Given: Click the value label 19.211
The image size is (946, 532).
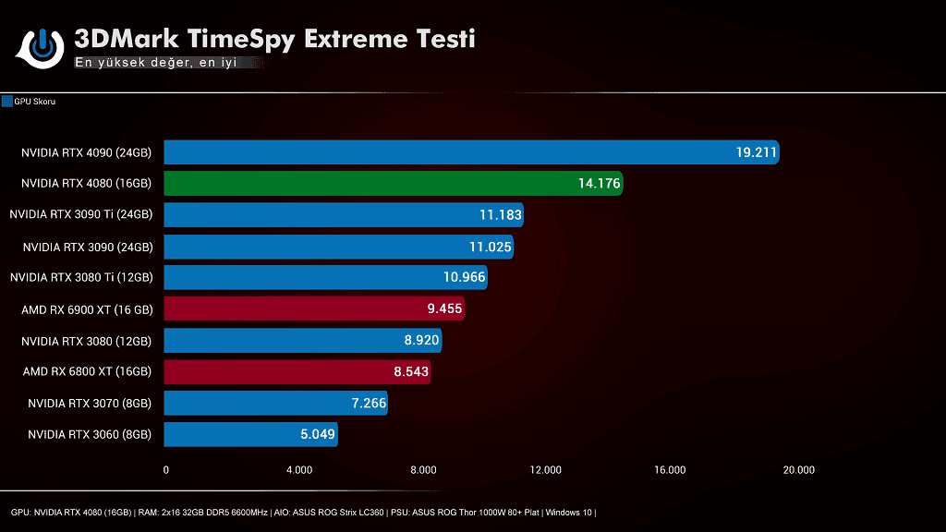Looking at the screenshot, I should tap(756, 152).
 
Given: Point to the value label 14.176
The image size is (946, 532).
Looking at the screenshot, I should tap(599, 184).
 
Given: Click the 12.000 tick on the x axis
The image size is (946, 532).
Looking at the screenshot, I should tap(546, 470).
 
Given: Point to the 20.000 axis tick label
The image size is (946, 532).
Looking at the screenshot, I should tap(798, 470).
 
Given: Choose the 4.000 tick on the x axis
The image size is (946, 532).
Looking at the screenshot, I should tap(299, 470).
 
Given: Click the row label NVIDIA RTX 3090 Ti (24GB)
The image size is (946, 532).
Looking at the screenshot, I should tap(80, 215).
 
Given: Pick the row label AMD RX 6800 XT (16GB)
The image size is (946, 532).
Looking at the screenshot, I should tap(87, 372).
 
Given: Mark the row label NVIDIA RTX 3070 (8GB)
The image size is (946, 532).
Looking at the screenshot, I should tap(90, 403).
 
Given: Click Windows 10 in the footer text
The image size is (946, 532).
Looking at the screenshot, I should tap(570, 513).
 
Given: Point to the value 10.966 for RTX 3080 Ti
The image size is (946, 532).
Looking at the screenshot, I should tap(462, 278).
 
